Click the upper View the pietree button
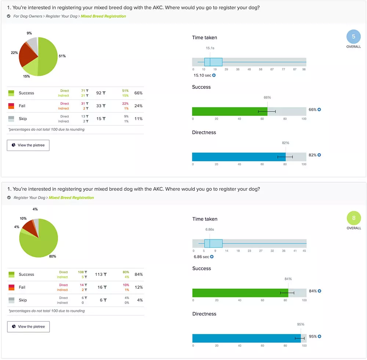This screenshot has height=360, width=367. point(28,145)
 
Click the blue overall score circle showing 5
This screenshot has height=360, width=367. point(353,37)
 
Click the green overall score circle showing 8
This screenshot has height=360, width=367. point(353,218)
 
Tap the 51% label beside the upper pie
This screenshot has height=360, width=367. point(62,56)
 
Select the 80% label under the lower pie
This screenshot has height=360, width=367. point(52,256)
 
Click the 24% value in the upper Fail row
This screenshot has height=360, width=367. point(138,106)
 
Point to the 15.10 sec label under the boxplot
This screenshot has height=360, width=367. point(202,75)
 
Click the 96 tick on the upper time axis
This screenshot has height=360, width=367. point(304,69)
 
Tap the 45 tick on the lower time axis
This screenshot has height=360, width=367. point(304,251)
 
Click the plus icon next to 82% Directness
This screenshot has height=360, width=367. point(319,155)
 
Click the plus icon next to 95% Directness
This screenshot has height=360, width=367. point(319,336)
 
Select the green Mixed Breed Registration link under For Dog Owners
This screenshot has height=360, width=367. point(103,16)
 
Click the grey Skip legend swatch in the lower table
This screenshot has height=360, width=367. point(11,300)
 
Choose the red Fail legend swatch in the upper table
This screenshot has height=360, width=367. point(11,106)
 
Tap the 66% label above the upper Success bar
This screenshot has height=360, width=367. point(267,97)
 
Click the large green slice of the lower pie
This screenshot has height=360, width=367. point(40,241)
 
